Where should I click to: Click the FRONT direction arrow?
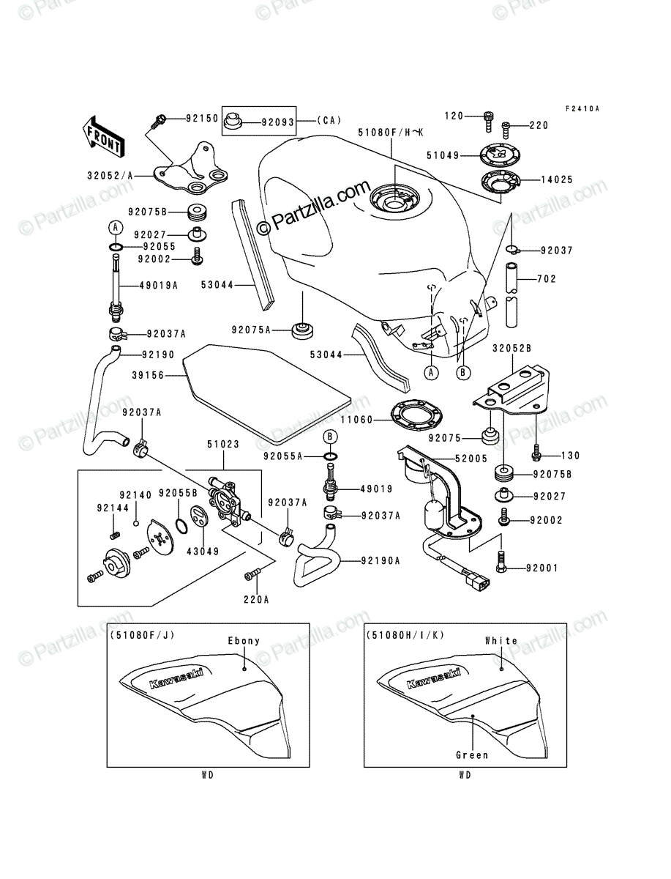tap(103, 136)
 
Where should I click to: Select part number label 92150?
tap(203, 118)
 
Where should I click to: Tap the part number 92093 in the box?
tap(278, 122)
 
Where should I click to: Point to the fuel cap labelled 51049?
tap(501, 155)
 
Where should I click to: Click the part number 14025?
tap(557, 179)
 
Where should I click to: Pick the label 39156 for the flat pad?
tap(148, 375)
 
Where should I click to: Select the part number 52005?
tap(471, 459)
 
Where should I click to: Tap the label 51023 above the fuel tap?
tap(223, 444)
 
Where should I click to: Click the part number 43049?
tap(203, 552)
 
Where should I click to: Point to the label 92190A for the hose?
tap(381, 560)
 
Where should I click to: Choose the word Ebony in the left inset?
tap(244, 641)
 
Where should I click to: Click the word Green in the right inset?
tap(472, 755)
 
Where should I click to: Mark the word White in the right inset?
tap(501, 641)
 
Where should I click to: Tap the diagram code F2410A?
tap(582, 108)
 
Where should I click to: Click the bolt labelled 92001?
tap(501, 562)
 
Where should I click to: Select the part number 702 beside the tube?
tap(547, 279)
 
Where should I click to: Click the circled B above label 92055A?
tap(330, 437)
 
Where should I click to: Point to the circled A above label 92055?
tap(115, 228)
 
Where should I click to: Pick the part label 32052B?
tap(511, 349)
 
